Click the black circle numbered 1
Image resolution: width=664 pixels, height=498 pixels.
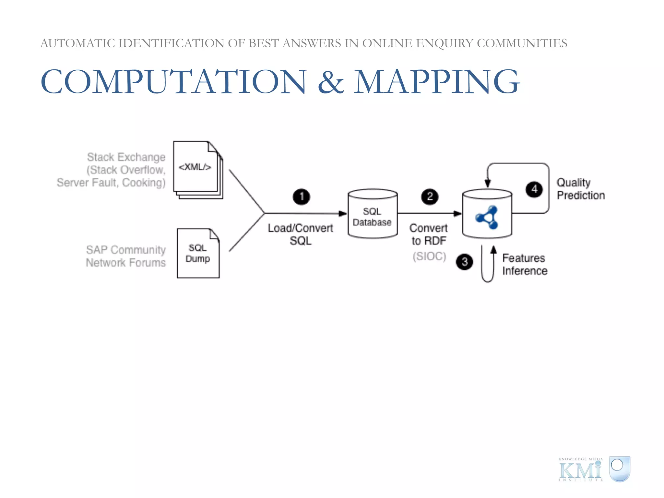tap(301, 196)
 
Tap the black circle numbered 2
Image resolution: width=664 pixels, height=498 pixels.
tap(430, 196)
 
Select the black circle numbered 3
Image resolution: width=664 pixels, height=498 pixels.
tap(464, 262)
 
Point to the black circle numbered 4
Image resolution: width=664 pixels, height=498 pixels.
tap(534, 189)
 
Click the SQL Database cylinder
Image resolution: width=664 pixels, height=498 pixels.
tap(373, 214)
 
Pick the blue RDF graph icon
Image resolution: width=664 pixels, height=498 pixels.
tap(487, 217)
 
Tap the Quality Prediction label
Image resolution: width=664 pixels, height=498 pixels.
tap(580, 189)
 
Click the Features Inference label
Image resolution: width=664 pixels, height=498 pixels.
tap(525, 264)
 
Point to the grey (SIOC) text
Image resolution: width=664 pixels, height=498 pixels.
tap(429, 256)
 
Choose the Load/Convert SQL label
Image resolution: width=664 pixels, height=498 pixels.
tap(301, 234)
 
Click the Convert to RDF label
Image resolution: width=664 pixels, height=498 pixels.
tap(429, 234)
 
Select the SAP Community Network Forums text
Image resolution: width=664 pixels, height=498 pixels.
tap(126, 256)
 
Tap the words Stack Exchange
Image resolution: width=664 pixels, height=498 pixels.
tap(126, 157)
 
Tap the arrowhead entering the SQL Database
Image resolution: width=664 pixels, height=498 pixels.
tap(343, 213)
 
